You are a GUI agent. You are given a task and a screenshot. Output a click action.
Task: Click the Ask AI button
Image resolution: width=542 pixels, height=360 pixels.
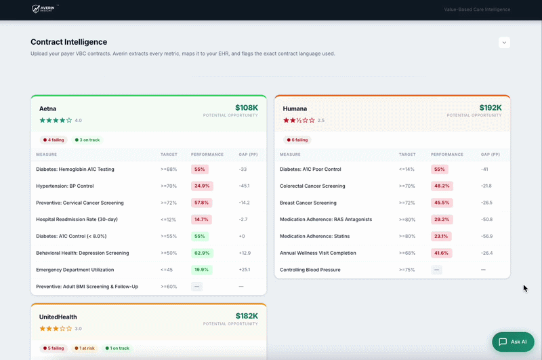coord(513,342)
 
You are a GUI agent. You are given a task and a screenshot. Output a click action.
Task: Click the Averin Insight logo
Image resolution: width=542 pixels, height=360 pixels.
coord(45,9)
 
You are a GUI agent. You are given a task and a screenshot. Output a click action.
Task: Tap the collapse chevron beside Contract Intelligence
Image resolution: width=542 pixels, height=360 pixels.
coord(504,43)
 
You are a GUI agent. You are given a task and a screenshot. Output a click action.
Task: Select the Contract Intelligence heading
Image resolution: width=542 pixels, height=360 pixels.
coord(69,42)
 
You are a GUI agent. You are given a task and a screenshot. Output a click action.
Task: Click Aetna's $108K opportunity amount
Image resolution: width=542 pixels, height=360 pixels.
coord(247,108)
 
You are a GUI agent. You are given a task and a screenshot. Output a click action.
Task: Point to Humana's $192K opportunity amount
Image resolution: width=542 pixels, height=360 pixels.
coord(490,108)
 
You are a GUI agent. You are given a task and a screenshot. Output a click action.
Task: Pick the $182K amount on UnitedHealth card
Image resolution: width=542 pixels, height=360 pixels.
coord(247,316)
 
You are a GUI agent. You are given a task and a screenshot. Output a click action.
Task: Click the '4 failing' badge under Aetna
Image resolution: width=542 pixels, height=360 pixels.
coord(54,140)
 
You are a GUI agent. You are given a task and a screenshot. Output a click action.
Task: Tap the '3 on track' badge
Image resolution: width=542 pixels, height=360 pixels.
coord(87,140)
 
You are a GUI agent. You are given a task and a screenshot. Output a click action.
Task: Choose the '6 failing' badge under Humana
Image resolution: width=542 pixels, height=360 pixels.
coord(297,140)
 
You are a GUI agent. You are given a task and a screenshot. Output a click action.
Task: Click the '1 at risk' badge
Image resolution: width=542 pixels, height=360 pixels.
coord(85,348)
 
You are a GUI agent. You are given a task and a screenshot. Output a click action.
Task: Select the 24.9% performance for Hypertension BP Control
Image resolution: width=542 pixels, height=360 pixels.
coord(202,186)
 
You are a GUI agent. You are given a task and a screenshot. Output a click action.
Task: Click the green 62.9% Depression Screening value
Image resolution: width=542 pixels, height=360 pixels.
coord(202,253)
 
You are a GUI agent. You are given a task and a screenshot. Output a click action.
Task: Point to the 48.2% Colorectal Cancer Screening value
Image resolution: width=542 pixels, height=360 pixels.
coord(442,186)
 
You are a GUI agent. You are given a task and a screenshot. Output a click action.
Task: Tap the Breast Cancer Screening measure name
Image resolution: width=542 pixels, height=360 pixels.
coord(308,203)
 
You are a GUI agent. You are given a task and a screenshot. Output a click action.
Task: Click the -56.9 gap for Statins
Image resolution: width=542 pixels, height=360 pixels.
coord(486,236)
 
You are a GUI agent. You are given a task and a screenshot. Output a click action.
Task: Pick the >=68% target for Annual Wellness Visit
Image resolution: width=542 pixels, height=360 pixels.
coord(407,253)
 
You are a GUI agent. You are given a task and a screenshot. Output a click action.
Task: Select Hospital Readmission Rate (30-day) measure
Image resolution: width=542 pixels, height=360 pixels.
coord(77,219)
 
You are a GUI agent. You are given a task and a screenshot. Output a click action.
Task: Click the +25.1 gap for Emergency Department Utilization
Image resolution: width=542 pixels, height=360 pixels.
coord(245,270)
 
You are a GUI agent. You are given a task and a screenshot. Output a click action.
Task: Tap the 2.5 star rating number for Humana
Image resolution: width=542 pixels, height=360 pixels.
coord(321,121)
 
